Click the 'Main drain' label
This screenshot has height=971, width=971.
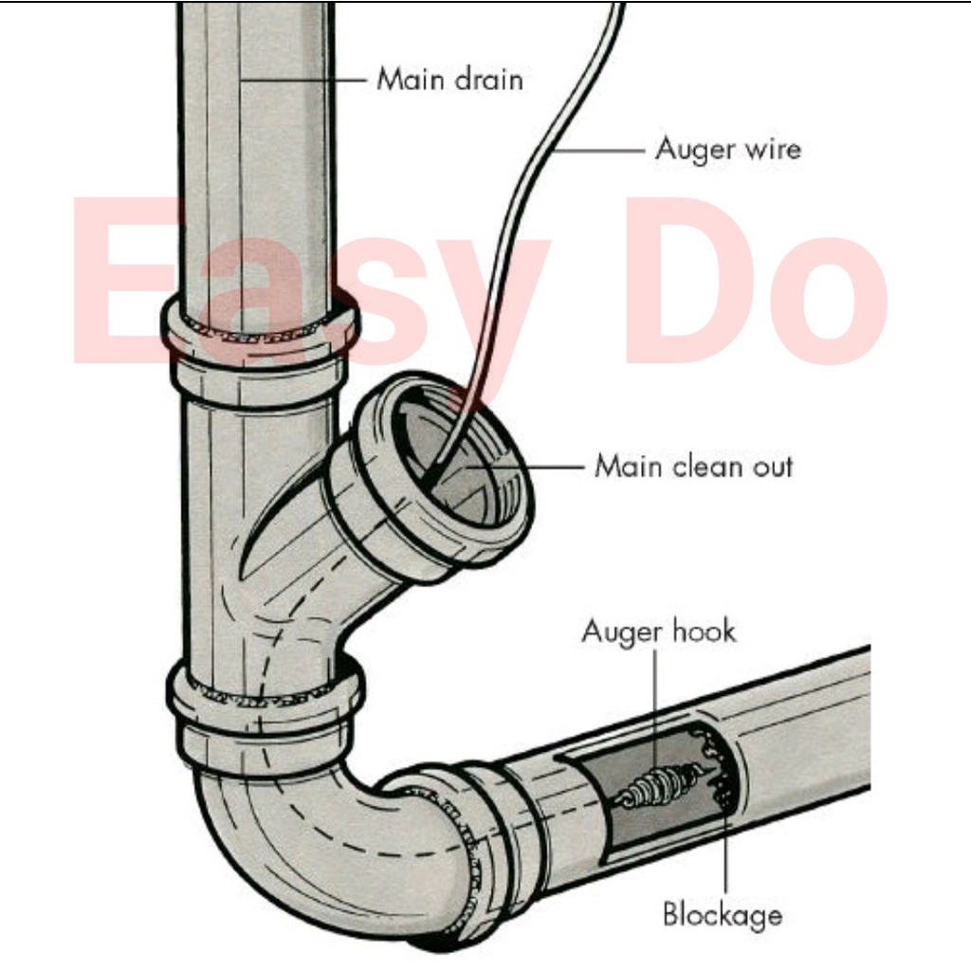point(449,78)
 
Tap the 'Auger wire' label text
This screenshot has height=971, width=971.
point(727,149)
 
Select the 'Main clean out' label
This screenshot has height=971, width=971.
point(693,466)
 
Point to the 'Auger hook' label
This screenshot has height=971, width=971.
point(658,632)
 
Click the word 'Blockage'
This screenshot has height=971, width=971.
point(723,914)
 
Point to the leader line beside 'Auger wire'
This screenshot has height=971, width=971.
point(597,149)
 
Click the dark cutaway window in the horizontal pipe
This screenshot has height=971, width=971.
point(654,787)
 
